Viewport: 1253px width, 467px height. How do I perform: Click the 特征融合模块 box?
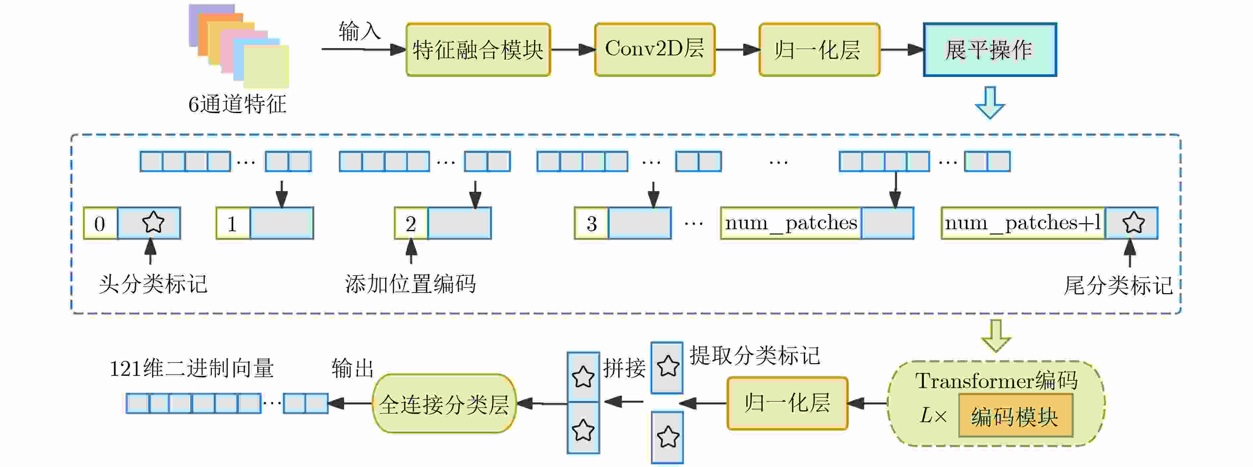(478, 50)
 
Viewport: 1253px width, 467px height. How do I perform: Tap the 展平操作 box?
(990, 50)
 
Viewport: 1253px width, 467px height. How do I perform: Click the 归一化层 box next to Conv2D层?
(819, 50)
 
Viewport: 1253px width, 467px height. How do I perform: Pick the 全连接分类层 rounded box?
(444, 404)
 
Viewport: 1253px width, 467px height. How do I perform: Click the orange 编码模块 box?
(1015, 416)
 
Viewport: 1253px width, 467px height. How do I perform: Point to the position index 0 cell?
(100, 223)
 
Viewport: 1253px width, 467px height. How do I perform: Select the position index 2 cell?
(411, 223)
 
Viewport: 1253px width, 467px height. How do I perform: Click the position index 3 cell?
(591, 223)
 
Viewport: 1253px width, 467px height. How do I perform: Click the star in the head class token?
(153, 222)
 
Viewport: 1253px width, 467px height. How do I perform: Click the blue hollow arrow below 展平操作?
(990, 102)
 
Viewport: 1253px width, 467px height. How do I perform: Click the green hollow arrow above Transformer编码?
(996, 336)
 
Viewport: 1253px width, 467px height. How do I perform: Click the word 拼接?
(624, 368)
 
